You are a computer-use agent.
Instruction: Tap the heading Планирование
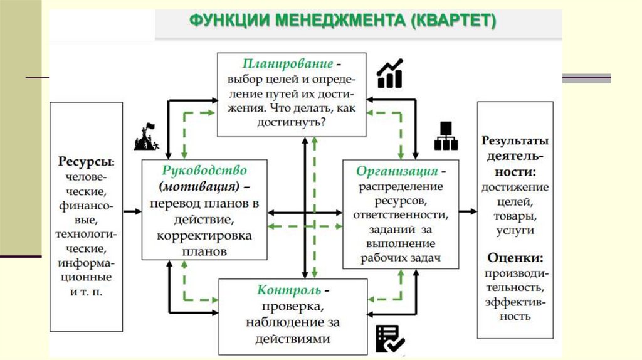(x=288, y=64)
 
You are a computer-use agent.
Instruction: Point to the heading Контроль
(x=289, y=290)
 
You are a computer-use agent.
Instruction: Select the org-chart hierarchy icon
(x=446, y=135)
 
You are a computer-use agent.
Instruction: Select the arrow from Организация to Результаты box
(x=466, y=211)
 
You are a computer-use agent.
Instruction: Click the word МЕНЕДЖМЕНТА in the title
(x=339, y=21)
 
